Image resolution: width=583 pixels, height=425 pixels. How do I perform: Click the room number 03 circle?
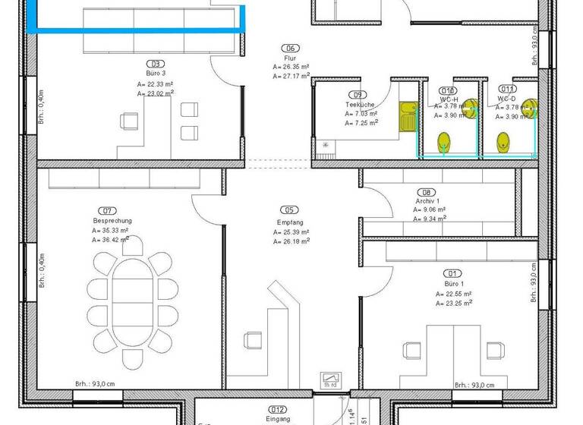click(157, 64)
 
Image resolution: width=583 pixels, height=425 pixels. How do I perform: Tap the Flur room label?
click(290, 58)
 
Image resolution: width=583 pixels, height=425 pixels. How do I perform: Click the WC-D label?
click(507, 99)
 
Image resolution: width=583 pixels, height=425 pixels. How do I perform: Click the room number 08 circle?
click(428, 193)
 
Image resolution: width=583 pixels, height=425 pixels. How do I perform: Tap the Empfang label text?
click(289, 222)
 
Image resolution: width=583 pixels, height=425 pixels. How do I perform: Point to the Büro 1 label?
click(454, 284)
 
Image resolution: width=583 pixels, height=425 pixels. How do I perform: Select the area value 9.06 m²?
click(430, 209)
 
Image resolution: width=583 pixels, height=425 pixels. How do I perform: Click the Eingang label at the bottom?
click(277, 419)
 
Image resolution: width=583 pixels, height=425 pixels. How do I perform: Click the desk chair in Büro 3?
click(128, 121)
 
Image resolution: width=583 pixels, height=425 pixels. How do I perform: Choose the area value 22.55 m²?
click(455, 293)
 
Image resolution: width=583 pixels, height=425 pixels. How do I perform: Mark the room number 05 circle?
click(289, 210)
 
